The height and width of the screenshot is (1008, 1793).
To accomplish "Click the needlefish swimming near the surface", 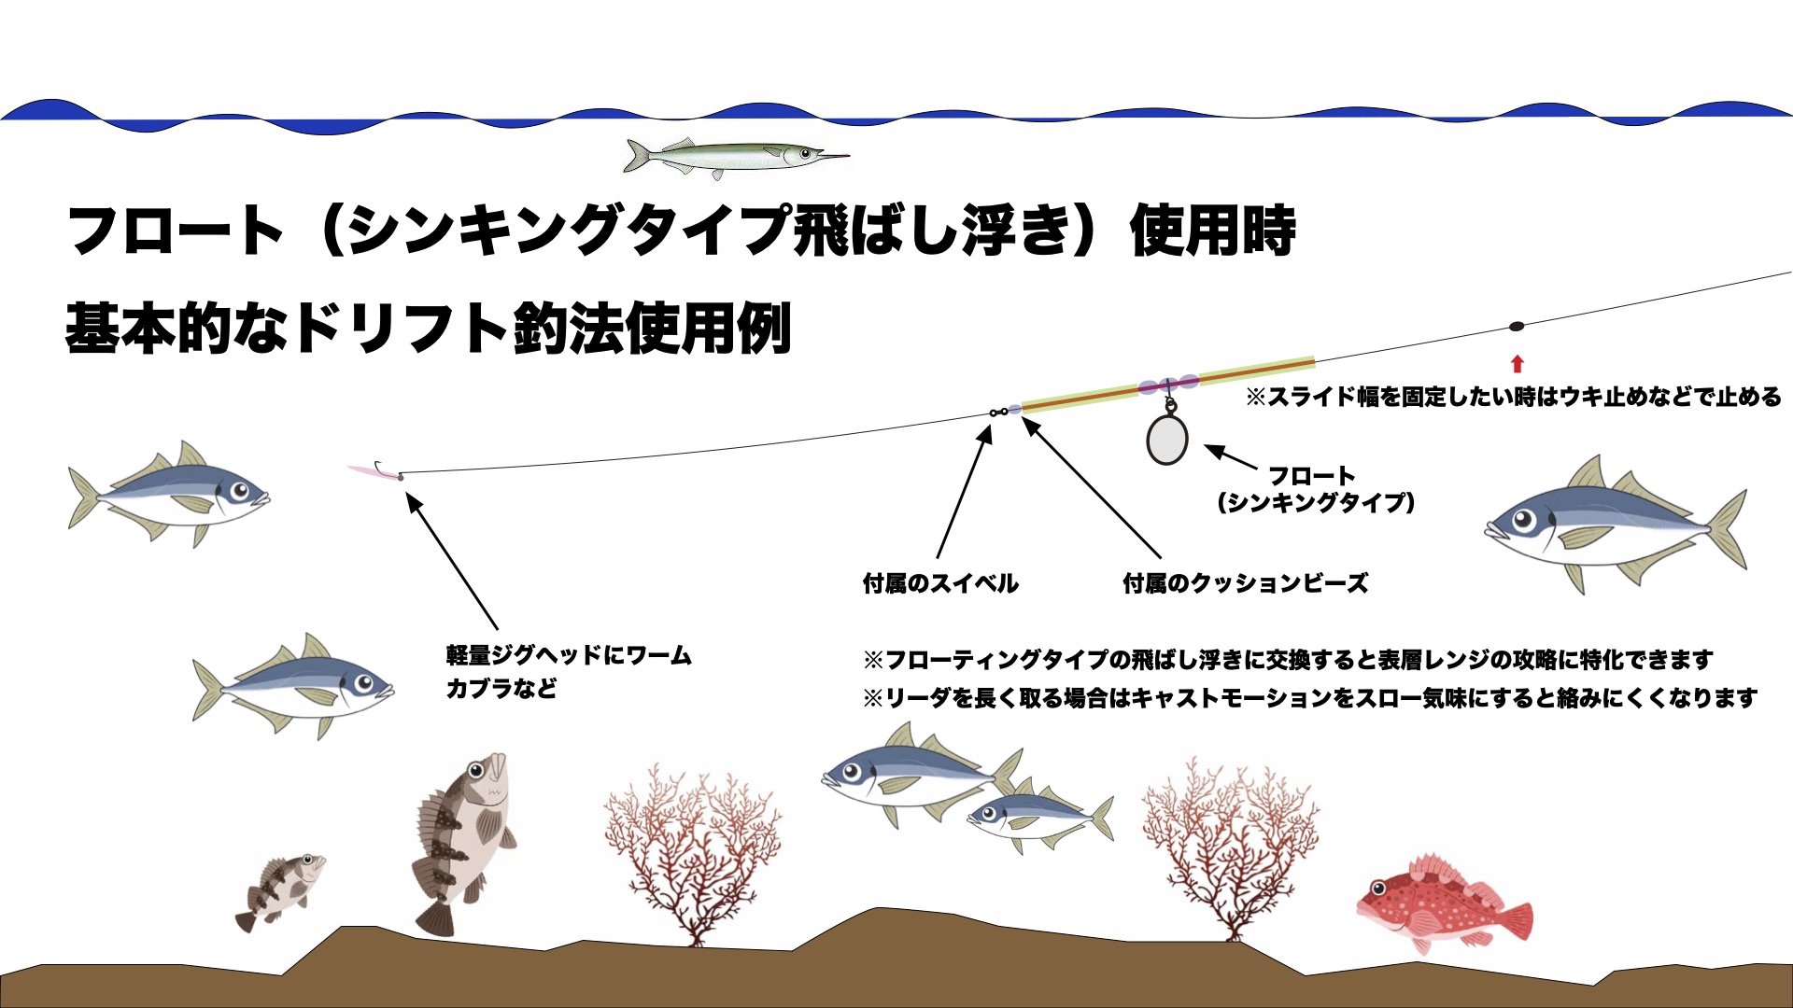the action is [x=737, y=155].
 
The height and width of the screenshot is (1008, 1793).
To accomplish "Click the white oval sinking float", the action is [x=1167, y=439].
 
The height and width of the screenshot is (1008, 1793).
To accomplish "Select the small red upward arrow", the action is [x=1517, y=364].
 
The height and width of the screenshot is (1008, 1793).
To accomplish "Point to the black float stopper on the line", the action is [x=1517, y=327].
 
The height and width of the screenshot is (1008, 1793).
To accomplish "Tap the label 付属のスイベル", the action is [x=939, y=584].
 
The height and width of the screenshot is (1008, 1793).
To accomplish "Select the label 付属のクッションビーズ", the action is [x=1245, y=584].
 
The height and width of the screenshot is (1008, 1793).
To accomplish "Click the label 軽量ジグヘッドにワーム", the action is [x=569, y=655].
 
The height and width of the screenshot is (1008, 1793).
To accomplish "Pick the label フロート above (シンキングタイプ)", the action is [x=1311, y=476].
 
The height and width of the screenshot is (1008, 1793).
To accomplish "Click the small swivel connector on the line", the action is [x=998, y=412].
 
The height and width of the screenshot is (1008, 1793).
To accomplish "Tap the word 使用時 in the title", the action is [x=1213, y=230].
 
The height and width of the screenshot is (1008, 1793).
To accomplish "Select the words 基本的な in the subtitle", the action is [x=176, y=329].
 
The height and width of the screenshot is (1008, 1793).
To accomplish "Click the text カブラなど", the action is [x=501, y=690].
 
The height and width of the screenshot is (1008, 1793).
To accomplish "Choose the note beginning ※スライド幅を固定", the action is [x=1514, y=397].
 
